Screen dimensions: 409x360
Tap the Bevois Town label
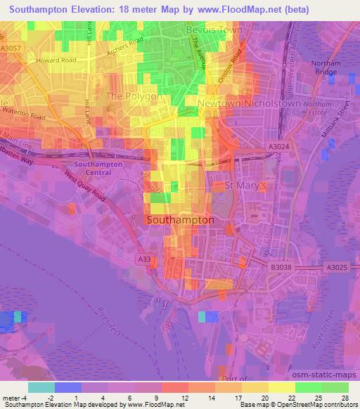pyautogui.click(x=214, y=31)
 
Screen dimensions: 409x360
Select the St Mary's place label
pyautogui.click(x=245, y=186)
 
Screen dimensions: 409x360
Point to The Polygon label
pyautogui.click(x=134, y=96)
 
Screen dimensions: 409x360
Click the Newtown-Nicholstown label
pyautogui.click(x=249, y=103)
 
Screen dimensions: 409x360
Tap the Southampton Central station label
pyautogui.click(x=103, y=168)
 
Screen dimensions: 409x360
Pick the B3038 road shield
pyautogui.click(x=281, y=267)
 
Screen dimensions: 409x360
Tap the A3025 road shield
pyautogui.click(x=337, y=267)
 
